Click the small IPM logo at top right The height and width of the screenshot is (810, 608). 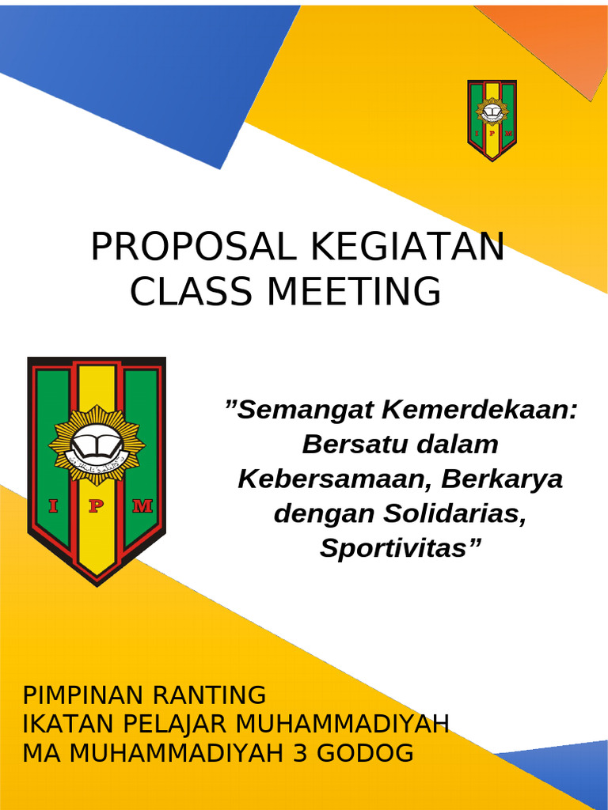pyautogui.click(x=492, y=120)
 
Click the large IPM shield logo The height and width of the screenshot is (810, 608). pyautogui.click(x=97, y=471)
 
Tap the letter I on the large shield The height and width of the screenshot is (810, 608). pyautogui.click(x=54, y=507)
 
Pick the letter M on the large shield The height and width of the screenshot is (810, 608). pyautogui.click(x=142, y=507)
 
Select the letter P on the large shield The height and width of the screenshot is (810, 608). pyautogui.click(x=96, y=507)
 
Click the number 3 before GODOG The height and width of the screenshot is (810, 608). pyautogui.click(x=300, y=753)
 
